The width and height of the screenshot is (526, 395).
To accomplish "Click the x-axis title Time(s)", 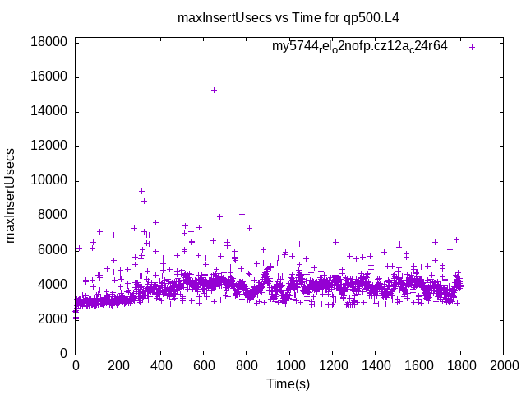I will [x=288, y=383].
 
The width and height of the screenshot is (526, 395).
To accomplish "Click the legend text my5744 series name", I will [x=359, y=46].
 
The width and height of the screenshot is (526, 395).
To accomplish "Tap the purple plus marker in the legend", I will [x=473, y=47].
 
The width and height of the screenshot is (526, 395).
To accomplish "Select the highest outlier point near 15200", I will [x=214, y=90].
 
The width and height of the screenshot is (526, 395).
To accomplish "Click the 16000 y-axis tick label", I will [x=49, y=77].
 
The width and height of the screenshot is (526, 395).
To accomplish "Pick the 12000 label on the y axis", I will [x=49, y=146].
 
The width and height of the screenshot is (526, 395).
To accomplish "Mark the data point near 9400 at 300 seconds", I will [x=141, y=191].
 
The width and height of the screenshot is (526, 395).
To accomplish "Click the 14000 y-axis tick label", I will [x=49, y=112].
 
